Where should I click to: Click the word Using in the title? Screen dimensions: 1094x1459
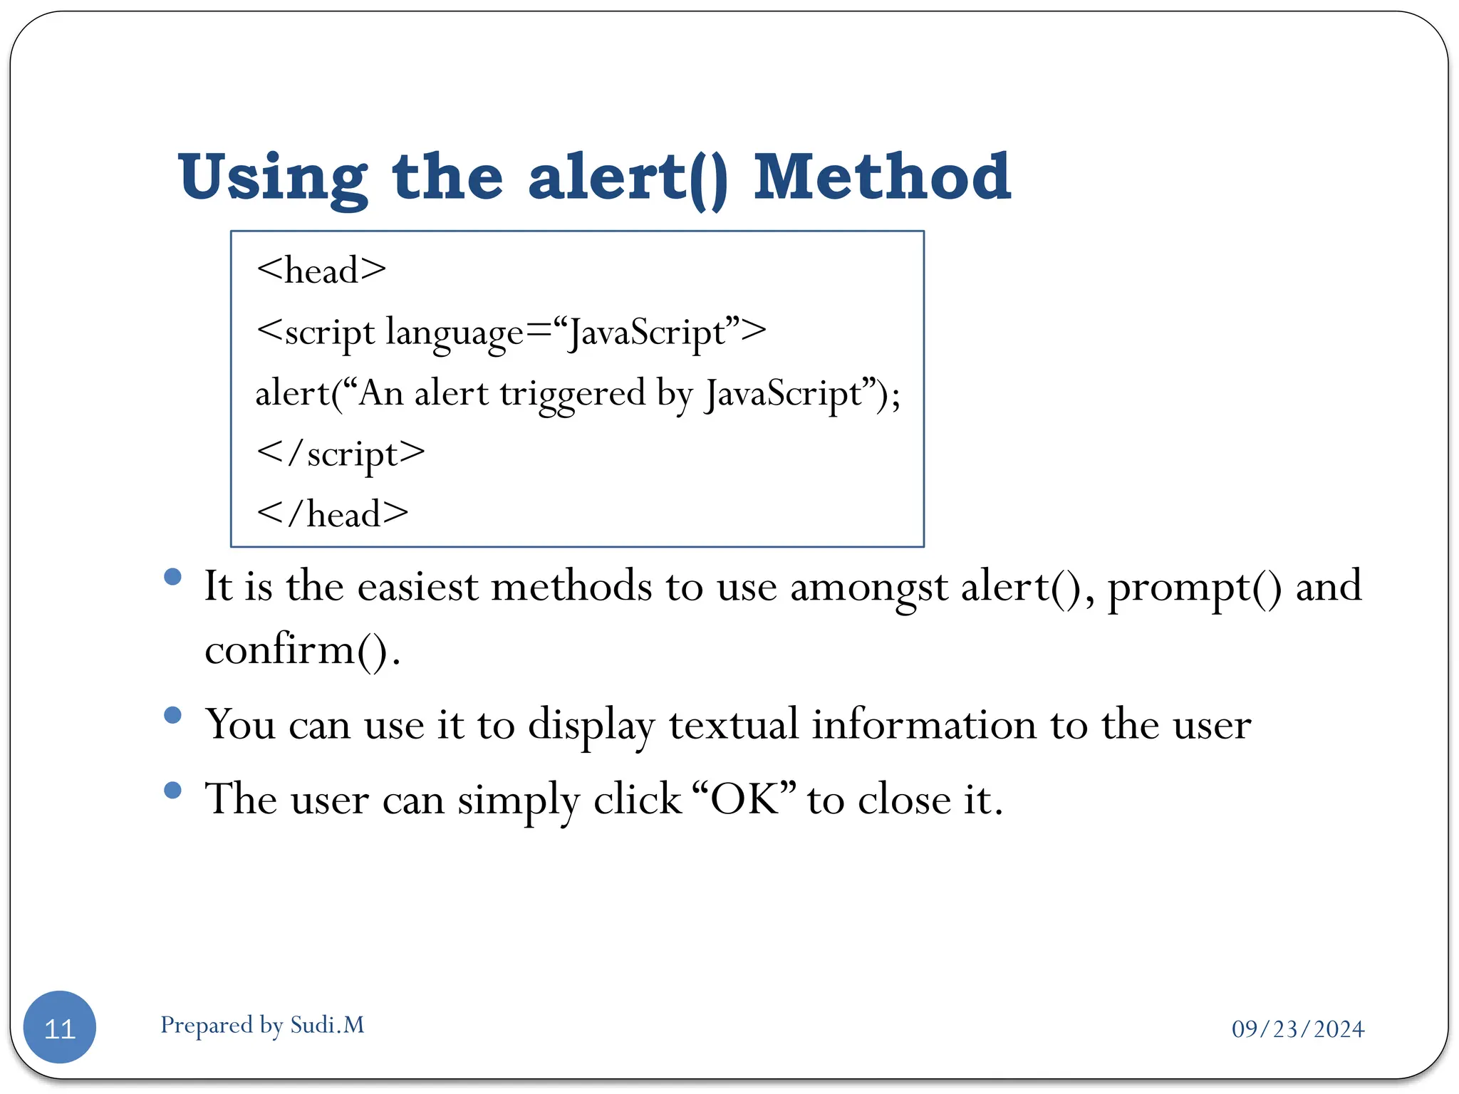coord(273,178)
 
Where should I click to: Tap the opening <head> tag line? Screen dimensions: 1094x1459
coord(321,271)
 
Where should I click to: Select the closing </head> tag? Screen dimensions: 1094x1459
coord(333,514)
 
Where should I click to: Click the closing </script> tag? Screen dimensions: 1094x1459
coord(341,454)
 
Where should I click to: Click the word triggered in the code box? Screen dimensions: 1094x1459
coord(572,394)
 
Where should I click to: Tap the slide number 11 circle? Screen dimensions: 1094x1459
coord(60,1027)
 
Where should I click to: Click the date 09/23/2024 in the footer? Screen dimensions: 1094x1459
coord(1298,1029)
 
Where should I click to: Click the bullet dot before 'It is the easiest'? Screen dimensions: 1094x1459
coord(172,576)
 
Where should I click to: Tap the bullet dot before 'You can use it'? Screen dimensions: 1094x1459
coord(172,714)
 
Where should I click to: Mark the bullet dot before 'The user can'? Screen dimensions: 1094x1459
coord(172,789)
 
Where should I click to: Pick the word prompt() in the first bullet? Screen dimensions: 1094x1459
coord(1194,588)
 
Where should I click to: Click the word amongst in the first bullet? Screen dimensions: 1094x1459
coord(868,588)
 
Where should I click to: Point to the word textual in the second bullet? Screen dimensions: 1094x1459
coord(733,725)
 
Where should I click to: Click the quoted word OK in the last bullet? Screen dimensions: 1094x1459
coord(744,799)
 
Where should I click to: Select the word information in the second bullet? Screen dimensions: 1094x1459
coord(924,725)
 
